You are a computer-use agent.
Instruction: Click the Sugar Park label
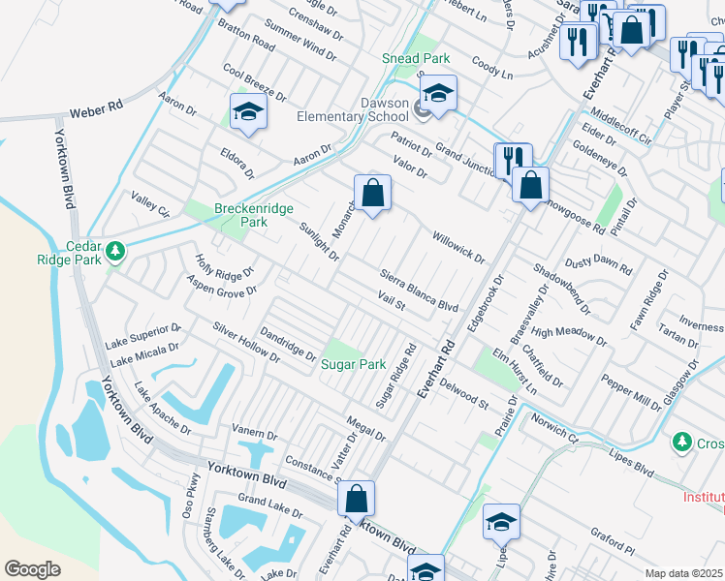pyautogui.click(x=354, y=365)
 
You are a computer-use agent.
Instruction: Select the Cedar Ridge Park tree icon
pyautogui.click(x=115, y=252)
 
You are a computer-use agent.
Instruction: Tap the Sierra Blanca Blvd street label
pyautogui.click(x=419, y=290)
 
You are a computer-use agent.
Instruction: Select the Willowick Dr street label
pyautogui.click(x=457, y=246)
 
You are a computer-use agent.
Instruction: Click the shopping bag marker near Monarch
pyautogui.click(x=372, y=194)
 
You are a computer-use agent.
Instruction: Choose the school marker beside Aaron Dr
pyautogui.click(x=248, y=112)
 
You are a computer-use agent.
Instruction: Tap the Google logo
pyautogui.click(x=32, y=568)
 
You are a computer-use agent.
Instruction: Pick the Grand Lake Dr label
pyautogui.click(x=265, y=504)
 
